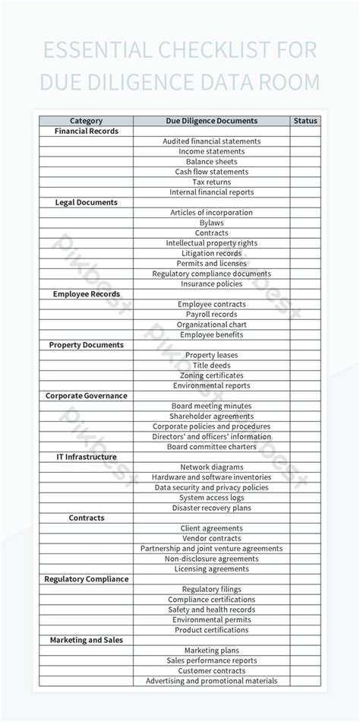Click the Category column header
(86, 121)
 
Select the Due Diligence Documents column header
(211, 121)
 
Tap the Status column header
(305, 121)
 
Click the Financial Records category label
(86, 131)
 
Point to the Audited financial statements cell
(211, 141)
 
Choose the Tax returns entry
(211, 182)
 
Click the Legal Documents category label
(86, 202)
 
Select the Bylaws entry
(211, 223)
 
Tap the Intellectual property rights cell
(211, 243)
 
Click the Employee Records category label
(86, 294)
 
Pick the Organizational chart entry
(211, 325)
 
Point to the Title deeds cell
(211, 366)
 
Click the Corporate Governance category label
(86, 396)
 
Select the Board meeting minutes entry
(211, 406)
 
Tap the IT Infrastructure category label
(86, 457)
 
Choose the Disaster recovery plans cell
(211, 508)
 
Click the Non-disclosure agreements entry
(211, 559)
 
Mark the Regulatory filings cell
(211, 589)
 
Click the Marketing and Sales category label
(86, 640)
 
